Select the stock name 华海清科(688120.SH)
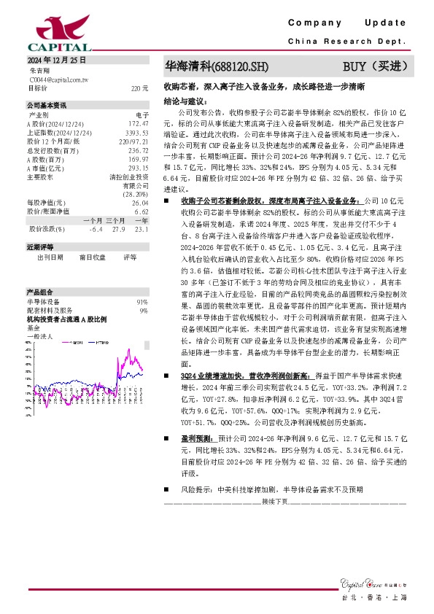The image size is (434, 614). [217, 67]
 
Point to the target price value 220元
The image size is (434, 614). [139, 88]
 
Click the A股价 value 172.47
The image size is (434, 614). [138, 124]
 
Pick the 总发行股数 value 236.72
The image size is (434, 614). [138, 151]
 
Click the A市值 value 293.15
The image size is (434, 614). [138, 168]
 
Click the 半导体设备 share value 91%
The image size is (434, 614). [142, 302]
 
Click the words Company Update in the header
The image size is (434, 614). [346, 23]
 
